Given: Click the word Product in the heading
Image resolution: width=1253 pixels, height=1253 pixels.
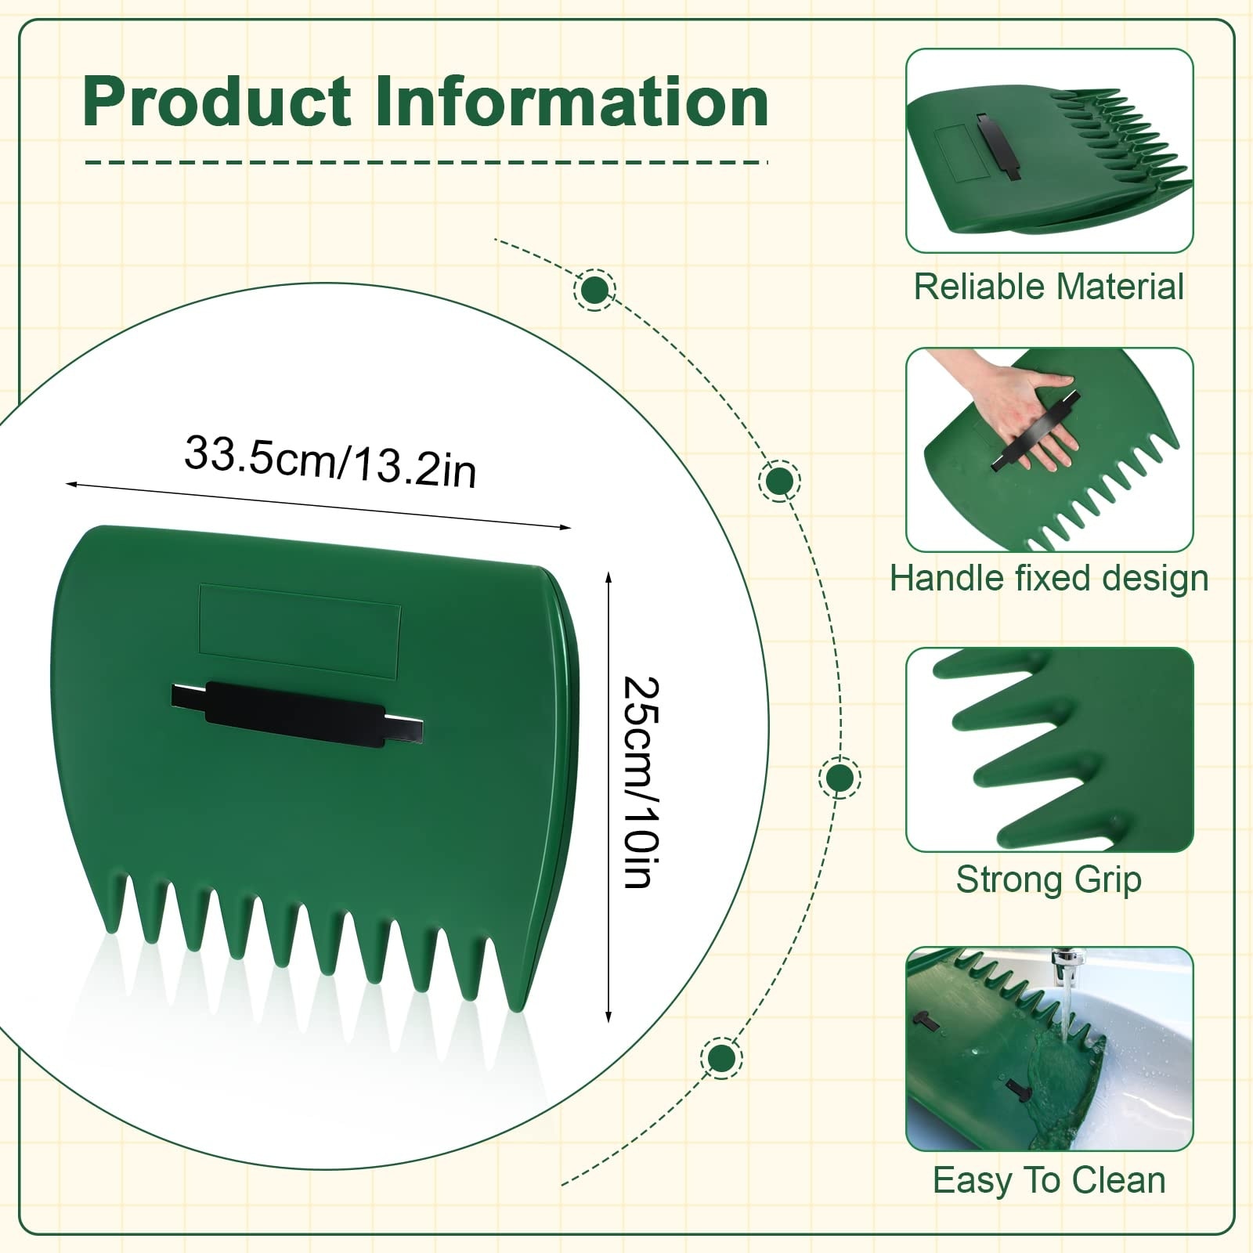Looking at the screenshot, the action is [x=217, y=102].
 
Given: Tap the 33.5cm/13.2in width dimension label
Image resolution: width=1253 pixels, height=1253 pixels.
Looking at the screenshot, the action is [x=330, y=462].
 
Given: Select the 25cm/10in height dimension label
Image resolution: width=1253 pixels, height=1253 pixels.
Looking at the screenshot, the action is [x=641, y=783].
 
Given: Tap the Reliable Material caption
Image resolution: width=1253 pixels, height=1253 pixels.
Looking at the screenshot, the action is [x=1049, y=287].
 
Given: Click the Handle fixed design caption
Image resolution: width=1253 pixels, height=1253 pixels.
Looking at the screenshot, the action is [x=1049, y=579].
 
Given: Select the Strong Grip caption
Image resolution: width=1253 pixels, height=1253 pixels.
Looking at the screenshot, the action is [x=1049, y=879].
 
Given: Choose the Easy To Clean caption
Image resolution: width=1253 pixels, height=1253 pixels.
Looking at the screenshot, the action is [x=1049, y=1180].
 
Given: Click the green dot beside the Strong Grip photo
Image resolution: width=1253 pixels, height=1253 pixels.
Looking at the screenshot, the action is [x=840, y=778].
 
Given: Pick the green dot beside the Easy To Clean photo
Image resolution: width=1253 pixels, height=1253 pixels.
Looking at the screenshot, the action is [x=722, y=1058].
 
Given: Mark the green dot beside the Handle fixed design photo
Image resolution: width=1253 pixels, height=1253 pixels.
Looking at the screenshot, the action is [x=779, y=481].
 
